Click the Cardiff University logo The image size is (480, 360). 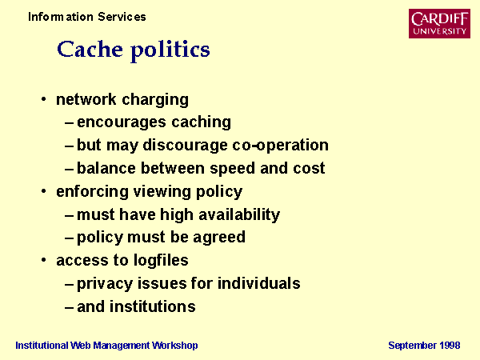(439, 23)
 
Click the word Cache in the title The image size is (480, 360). (90, 49)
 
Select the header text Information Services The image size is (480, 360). (87, 17)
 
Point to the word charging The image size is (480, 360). (155, 101)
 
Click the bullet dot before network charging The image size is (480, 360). (44, 99)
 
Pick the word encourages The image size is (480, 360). (122, 123)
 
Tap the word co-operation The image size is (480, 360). (280, 146)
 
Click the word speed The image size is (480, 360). (232, 169)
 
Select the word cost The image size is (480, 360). (309, 168)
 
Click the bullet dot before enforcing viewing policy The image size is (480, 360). (44, 191)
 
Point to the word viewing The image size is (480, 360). (162, 192)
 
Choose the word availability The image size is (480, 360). (239, 215)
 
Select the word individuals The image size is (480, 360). (258, 283)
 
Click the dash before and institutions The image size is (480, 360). (69, 307)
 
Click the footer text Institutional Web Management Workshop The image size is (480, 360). (106, 346)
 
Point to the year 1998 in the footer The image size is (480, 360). (450, 346)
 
